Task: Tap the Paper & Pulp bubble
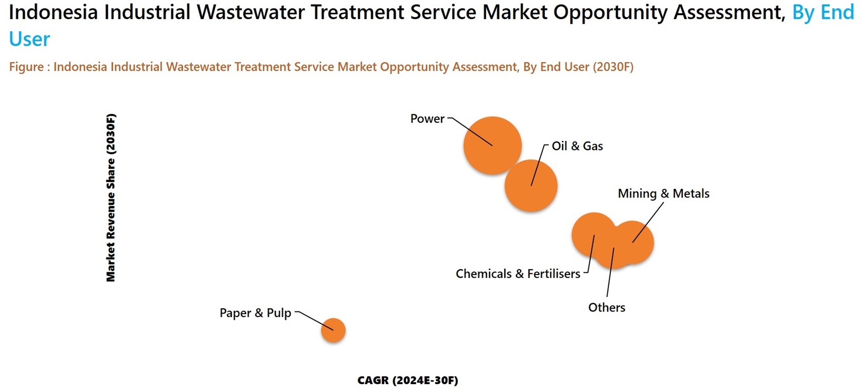[x=333, y=330]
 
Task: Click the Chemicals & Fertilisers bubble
[x=588, y=232]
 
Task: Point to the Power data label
[x=427, y=119]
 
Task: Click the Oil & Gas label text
[x=577, y=146]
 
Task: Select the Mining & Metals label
[x=663, y=194]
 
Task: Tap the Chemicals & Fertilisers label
[x=518, y=274]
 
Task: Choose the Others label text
[x=607, y=308]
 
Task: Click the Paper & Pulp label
[x=255, y=313]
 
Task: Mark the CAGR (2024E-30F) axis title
[x=408, y=381]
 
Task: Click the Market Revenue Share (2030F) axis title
[x=111, y=198]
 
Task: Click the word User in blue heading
[x=30, y=39]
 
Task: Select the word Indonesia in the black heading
[x=53, y=13]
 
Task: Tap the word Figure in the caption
[x=26, y=67]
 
